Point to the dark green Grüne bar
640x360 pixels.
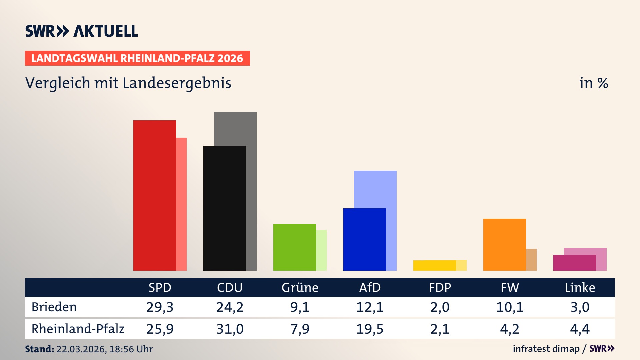pos(294,247)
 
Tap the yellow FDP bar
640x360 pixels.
pos(434,265)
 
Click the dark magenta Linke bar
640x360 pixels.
pos(574,263)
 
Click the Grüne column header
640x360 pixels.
pos(300,287)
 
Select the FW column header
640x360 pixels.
pos(510,287)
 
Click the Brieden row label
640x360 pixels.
pos(54,307)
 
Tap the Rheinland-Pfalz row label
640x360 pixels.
pos(78,329)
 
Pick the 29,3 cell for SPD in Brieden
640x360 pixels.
pos(160,307)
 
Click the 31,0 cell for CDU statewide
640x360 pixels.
pos(230,329)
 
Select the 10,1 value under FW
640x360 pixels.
pos(510,307)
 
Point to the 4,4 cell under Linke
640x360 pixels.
pos(580,329)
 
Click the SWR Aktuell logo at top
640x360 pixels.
pos(81,31)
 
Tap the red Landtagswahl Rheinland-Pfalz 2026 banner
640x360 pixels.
pos(137,58)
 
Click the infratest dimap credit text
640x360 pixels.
pos(546,349)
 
